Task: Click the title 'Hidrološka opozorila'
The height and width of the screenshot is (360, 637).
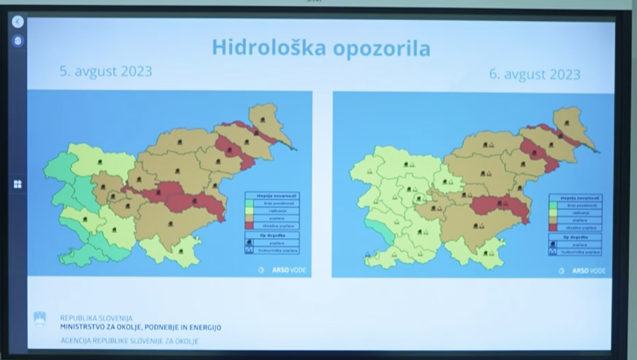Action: coord(321,47)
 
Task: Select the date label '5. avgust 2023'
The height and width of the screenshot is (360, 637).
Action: coord(106,71)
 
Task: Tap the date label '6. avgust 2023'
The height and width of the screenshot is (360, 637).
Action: coord(535,74)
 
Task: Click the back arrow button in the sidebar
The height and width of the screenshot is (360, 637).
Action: coord(18,22)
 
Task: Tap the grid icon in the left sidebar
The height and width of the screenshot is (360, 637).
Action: coord(18,184)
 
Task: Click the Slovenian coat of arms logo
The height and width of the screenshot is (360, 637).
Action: coord(40,319)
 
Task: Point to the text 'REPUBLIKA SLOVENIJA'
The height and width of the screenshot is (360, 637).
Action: coord(96,318)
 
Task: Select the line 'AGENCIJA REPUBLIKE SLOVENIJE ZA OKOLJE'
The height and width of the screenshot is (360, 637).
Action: coord(130,341)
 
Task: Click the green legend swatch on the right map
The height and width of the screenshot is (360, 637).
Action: coord(554,205)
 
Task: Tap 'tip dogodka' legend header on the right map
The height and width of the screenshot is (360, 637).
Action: coord(575,237)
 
